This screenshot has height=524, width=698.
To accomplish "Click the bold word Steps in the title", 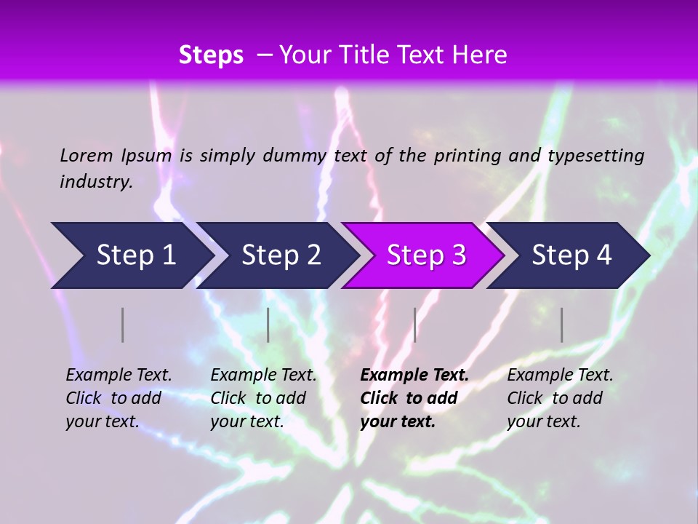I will [211, 55].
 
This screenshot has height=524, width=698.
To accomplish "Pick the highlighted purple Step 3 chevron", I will [426, 255].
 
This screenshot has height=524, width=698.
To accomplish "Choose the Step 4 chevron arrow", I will [571, 255].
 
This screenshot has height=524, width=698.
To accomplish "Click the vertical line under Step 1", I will [123, 325].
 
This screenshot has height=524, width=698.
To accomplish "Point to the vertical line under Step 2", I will [268, 325].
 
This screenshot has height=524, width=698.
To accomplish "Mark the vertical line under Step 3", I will [414, 325].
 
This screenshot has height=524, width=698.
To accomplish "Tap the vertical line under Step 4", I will [561, 325].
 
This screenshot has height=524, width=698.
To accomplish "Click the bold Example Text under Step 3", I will [414, 398].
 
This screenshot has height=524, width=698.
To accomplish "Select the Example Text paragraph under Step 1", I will [119, 398].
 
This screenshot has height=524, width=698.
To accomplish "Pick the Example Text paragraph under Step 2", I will [263, 398].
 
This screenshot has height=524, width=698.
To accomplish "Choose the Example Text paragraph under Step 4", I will [560, 398].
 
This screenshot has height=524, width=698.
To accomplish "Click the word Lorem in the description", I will [87, 156].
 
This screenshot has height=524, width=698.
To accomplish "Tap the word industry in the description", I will [95, 182].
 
